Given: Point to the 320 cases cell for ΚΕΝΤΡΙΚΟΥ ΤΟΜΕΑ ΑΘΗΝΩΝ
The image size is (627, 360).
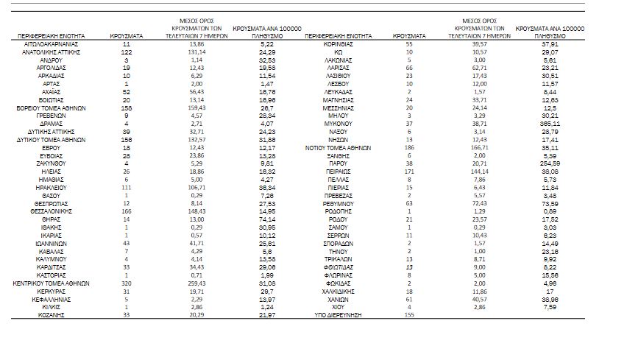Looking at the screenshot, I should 127,283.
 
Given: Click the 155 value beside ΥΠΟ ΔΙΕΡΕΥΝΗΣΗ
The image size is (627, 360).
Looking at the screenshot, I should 409,315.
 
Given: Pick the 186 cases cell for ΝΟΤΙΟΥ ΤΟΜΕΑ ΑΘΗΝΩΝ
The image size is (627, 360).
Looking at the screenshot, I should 409,147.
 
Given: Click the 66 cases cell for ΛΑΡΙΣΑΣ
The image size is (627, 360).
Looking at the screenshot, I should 409,68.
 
